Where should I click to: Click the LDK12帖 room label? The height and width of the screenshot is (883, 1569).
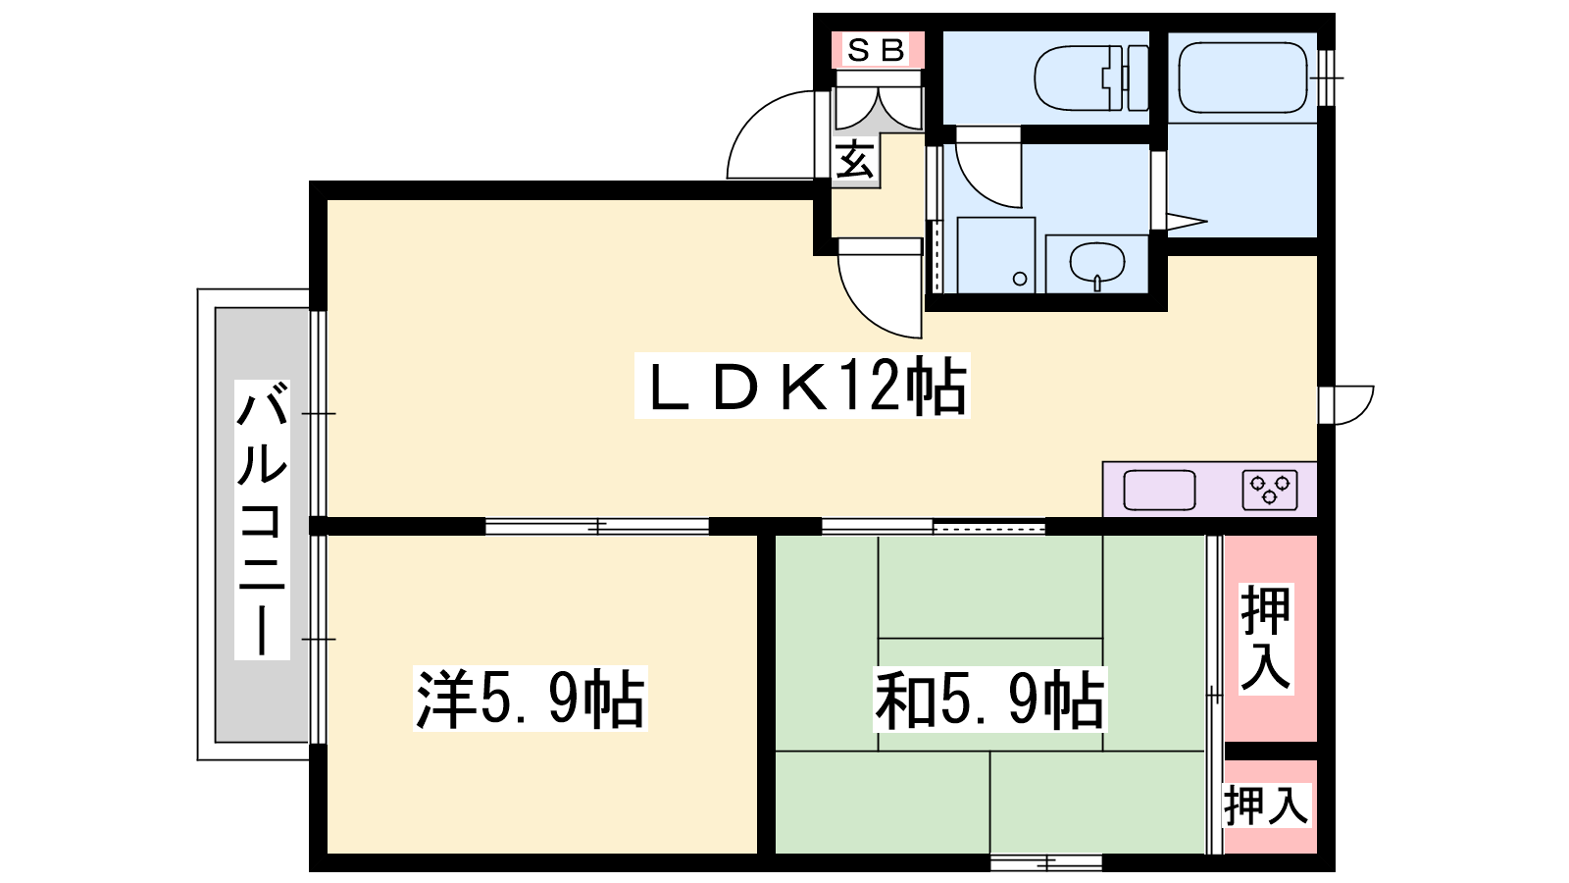click(802, 386)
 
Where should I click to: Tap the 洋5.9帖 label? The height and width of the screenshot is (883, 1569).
click(531, 699)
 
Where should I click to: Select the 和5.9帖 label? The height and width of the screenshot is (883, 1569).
click(990, 699)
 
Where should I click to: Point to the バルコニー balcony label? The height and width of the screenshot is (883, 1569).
click(262, 520)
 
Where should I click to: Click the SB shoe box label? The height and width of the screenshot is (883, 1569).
click(877, 50)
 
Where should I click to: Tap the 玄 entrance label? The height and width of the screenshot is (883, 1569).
click(855, 160)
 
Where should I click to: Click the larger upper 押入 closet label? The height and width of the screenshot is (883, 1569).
click(1266, 639)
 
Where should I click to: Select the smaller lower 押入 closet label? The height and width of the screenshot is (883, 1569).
click(1266, 805)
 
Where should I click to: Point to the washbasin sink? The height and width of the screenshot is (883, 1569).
click(1097, 264)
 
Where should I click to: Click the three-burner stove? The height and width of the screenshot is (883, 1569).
click(1270, 490)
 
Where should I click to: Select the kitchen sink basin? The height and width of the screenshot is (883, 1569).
click(1159, 490)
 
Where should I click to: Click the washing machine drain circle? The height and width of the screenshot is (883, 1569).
click(1020, 279)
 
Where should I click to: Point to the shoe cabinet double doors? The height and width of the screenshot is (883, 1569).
click(879, 109)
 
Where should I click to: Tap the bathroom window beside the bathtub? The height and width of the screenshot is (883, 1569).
click(1326, 78)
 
